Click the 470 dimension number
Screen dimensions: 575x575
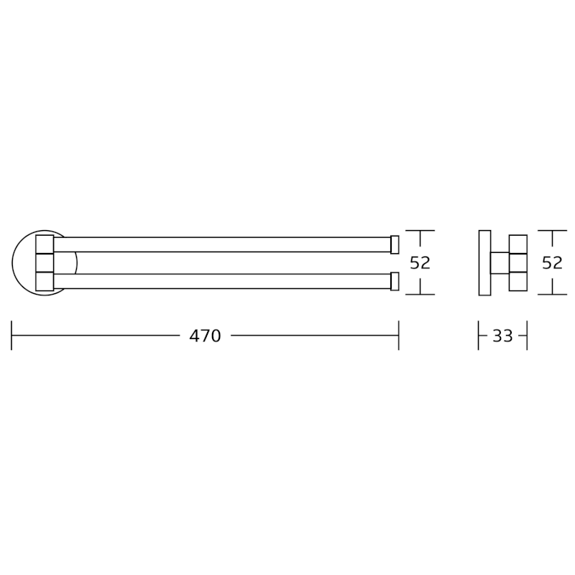(205, 336)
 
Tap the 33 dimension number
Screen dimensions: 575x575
(502, 336)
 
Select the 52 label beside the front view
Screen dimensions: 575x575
(420, 263)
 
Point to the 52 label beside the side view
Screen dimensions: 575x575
(552, 263)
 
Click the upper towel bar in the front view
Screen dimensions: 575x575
(222, 244)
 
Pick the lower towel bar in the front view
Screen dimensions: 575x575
(222, 281)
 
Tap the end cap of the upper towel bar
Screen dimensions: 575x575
(395, 244)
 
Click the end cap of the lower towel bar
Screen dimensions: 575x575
(395, 281)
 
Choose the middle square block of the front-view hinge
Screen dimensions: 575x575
(45, 263)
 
